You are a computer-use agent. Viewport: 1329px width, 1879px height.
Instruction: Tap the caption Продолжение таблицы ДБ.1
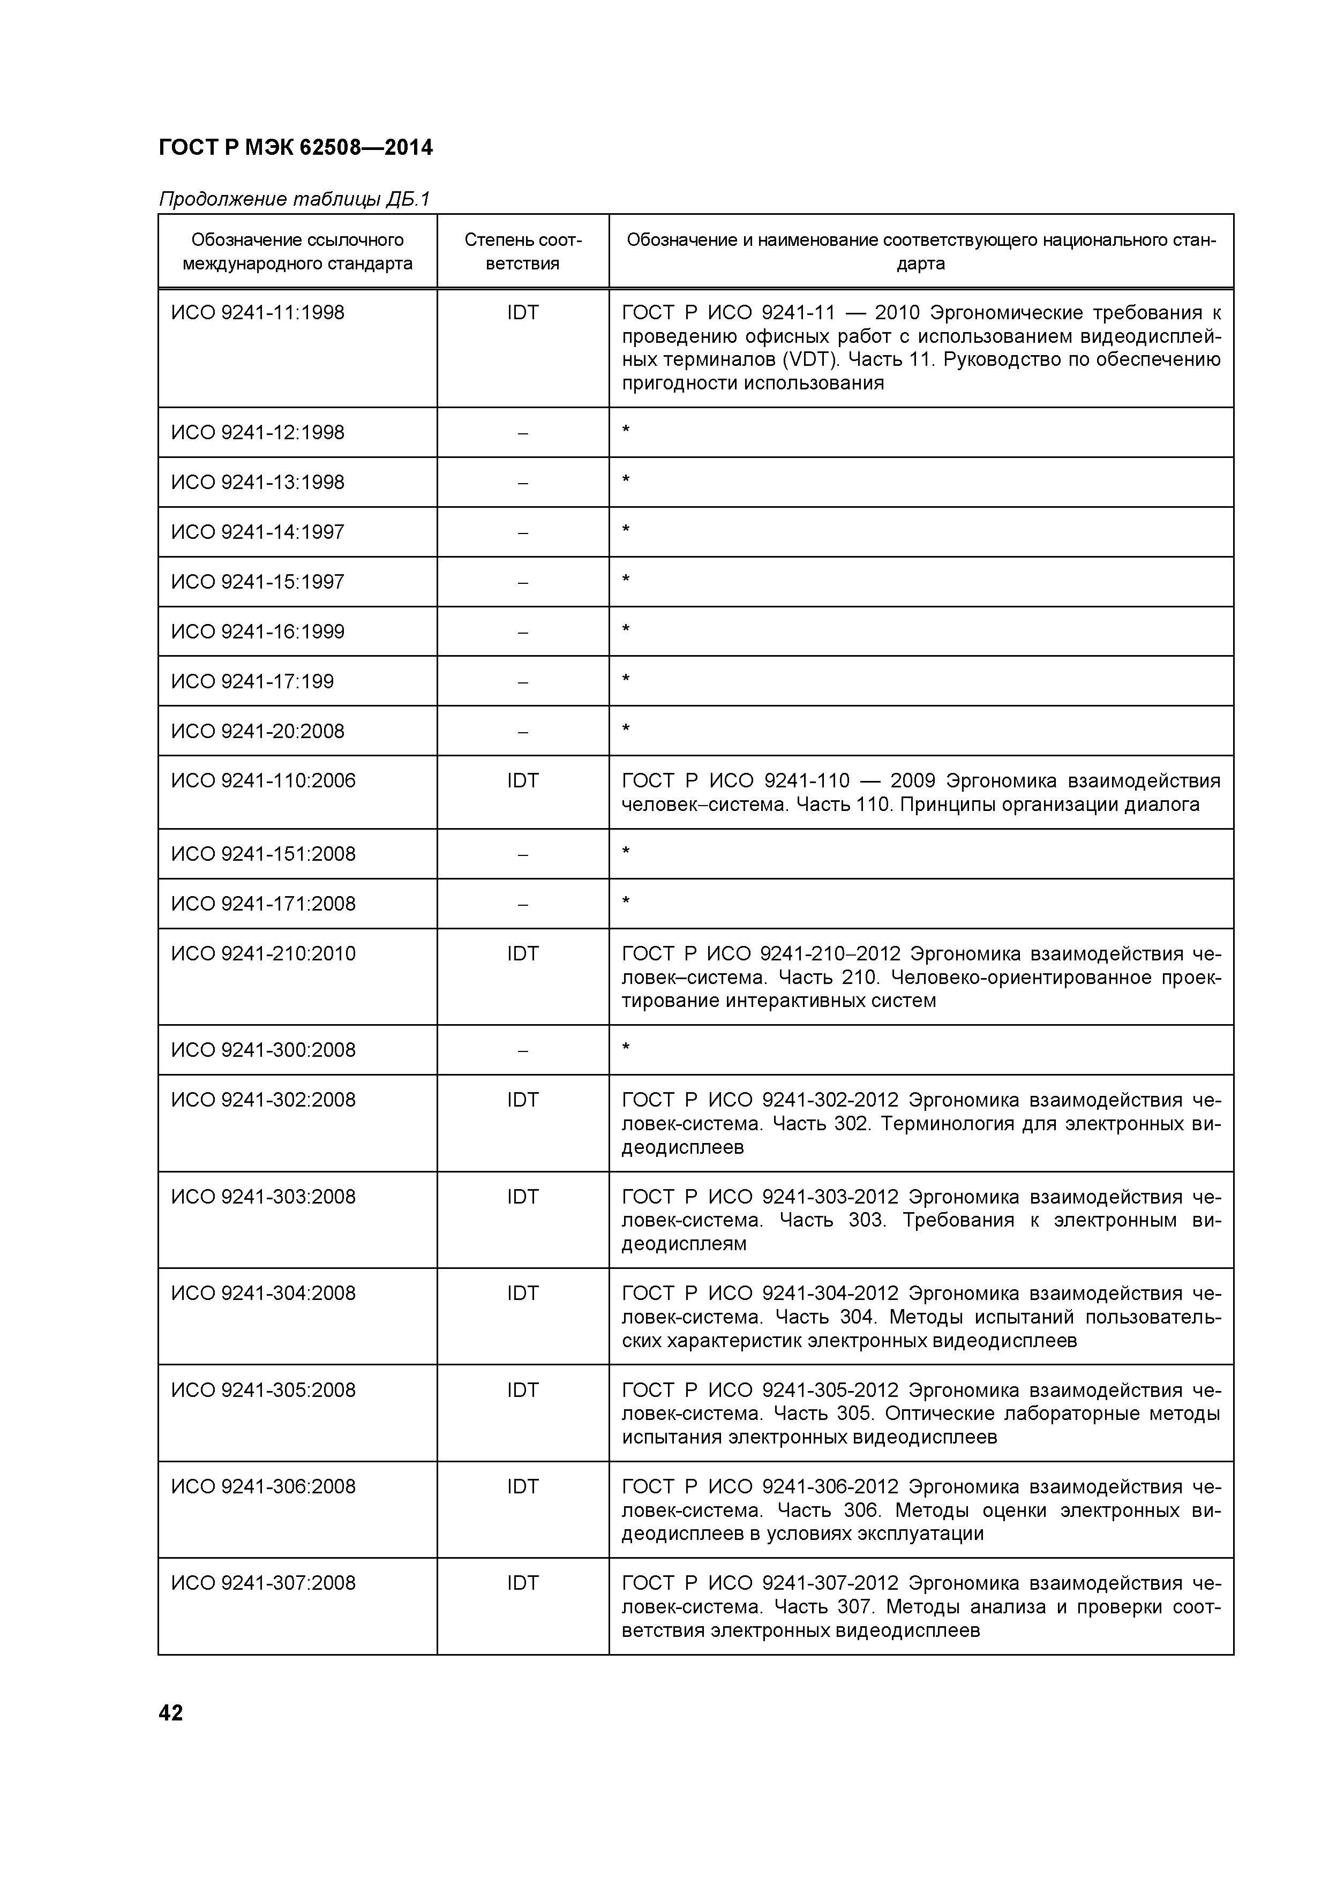(x=294, y=199)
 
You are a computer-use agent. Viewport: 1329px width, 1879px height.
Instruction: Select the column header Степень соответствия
(x=522, y=251)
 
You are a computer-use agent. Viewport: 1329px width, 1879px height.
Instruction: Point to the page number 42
(x=171, y=1713)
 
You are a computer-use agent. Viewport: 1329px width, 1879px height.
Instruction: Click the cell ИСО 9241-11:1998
(x=258, y=313)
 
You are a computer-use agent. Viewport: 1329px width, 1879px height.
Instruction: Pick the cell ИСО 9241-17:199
(x=252, y=681)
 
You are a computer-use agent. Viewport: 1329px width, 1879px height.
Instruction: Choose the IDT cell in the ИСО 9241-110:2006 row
(x=522, y=781)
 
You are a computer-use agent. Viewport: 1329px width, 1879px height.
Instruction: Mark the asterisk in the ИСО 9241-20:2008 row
(x=626, y=727)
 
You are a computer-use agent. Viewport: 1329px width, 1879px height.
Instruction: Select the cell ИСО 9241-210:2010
(x=264, y=953)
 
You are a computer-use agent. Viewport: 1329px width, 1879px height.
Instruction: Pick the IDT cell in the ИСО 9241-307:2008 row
(x=522, y=1583)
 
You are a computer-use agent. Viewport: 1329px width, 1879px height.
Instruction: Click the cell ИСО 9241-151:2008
(x=264, y=854)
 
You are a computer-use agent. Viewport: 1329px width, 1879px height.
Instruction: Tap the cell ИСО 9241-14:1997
(x=258, y=532)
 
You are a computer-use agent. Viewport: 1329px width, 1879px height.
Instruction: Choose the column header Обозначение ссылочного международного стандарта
(x=297, y=251)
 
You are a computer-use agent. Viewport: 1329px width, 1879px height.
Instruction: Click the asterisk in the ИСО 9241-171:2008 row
(x=626, y=900)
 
